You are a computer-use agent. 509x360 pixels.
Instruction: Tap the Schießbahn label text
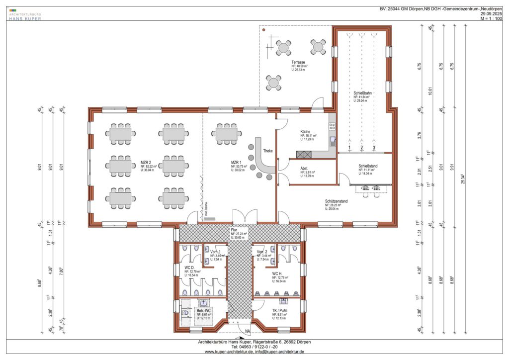click(x=362, y=92)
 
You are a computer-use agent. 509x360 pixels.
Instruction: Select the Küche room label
click(x=305, y=132)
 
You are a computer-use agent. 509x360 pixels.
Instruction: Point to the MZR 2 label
click(x=146, y=163)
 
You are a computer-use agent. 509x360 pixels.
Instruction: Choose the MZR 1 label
click(x=236, y=163)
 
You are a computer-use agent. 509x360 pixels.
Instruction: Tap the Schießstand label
click(x=368, y=166)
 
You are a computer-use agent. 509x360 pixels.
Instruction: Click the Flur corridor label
click(x=234, y=230)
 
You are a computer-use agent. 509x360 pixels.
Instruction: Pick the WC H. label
click(x=277, y=273)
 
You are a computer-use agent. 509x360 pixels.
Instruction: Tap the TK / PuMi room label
click(x=279, y=310)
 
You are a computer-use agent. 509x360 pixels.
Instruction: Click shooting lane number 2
click(x=362, y=148)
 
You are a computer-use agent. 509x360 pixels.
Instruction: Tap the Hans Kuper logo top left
click(x=25, y=14)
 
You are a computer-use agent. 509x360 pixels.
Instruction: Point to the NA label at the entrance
click(x=247, y=332)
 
